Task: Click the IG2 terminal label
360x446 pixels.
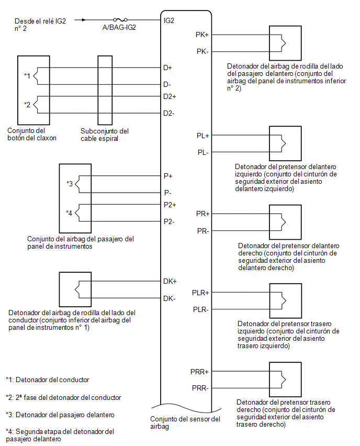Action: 169,20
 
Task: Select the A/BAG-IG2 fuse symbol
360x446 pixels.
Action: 120,19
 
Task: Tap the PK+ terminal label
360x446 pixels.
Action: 202,35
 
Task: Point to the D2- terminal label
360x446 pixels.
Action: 169,113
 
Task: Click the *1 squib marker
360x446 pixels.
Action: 27,75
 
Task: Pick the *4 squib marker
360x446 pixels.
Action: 69,213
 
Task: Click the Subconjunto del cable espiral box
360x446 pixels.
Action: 105,90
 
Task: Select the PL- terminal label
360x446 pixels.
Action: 203,152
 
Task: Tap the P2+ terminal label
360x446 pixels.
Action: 170,205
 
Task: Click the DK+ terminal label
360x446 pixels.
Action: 170,281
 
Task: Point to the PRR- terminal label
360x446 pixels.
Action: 200,388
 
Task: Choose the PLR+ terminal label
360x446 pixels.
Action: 200,293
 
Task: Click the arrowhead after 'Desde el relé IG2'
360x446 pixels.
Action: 84,20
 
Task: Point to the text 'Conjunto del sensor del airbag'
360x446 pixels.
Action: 185,422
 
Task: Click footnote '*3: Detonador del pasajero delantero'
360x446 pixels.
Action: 60,415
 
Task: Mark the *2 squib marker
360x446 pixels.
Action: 27,104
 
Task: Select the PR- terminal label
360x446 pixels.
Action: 203,231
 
